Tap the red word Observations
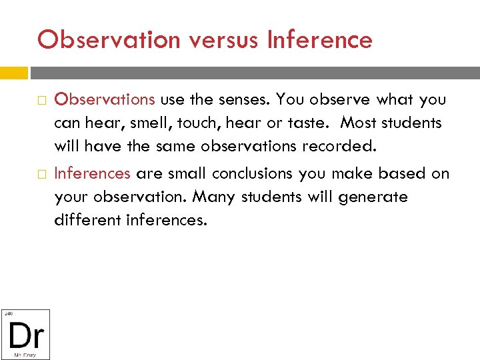[x=105, y=99]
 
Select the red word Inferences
[x=92, y=173]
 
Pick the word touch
[x=194, y=123]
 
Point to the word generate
[x=375, y=197]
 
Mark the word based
[x=409, y=173]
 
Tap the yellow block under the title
[x=14, y=72]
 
